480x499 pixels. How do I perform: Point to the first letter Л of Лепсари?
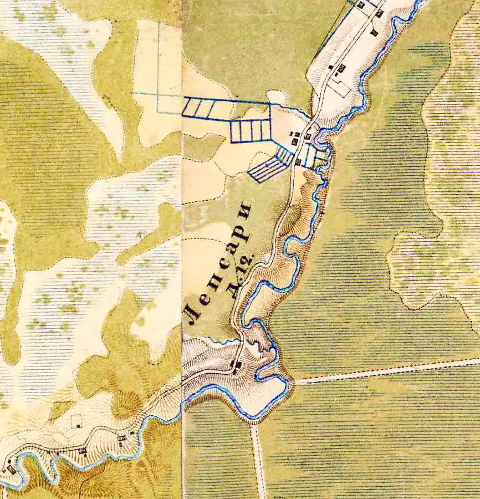pos(194,314)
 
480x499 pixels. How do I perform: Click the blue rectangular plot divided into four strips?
pos(250,131)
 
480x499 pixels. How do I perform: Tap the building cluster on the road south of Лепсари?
pos(237,364)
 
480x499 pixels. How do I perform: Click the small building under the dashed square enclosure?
pos(79,426)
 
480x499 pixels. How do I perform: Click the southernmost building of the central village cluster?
pos(298,162)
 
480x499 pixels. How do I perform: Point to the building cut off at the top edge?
pos(360,4)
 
